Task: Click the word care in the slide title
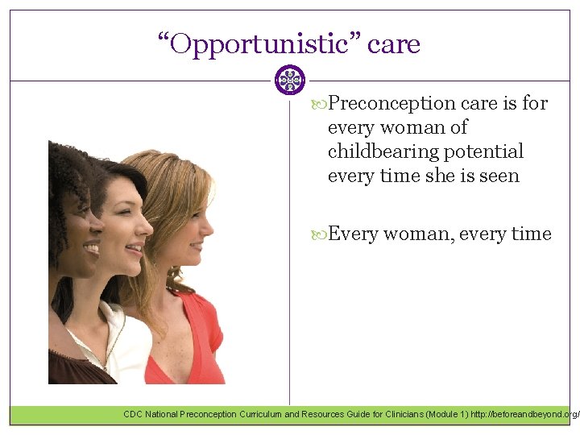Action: coord(394,44)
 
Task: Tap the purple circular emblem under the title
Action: coord(290,81)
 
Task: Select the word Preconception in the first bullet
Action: coord(393,103)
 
